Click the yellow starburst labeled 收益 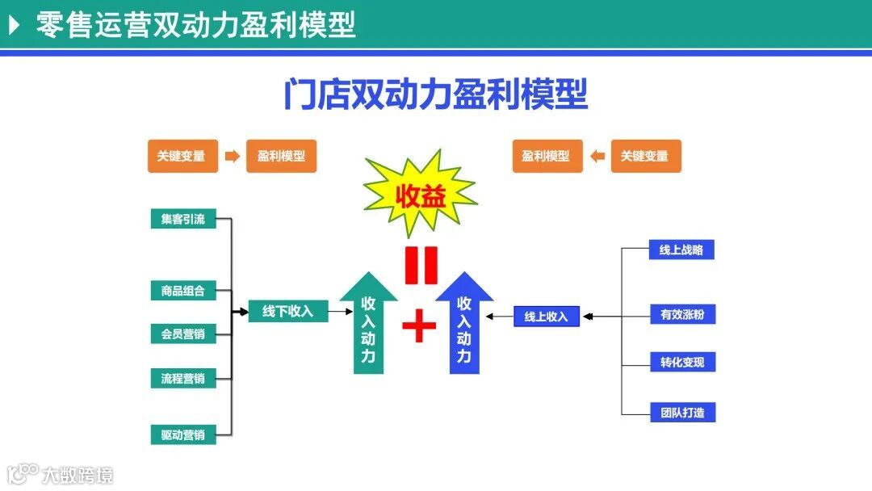click(420, 196)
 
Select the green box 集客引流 click(183, 219)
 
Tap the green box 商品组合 click(183, 291)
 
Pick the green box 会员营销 click(183, 334)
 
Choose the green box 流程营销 click(183, 378)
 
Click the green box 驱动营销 click(183, 435)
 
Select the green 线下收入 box click(287, 311)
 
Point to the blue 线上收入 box click(547, 317)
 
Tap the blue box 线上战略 click(681, 250)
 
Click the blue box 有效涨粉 click(682, 314)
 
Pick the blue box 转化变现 click(682, 362)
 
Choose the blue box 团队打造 click(682, 413)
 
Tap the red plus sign click(419, 326)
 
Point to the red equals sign click(421, 266)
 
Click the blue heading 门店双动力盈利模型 click(435, 94)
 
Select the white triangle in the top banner click(14, 25)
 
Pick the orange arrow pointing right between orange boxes click(232, 156)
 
